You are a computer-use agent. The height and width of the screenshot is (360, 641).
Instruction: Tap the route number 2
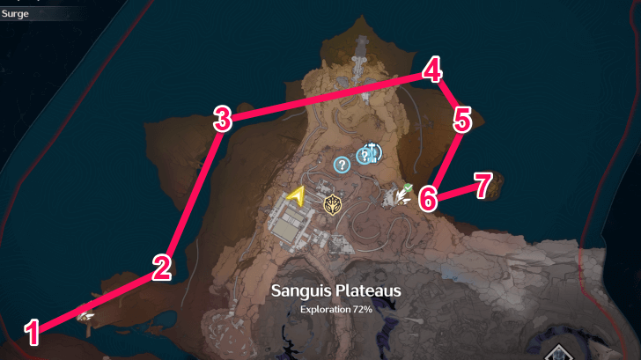tap(160, 267)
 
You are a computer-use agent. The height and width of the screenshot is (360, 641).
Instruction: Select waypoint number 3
tap(223, 118)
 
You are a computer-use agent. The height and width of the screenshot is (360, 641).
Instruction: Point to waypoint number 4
tap(431, 70)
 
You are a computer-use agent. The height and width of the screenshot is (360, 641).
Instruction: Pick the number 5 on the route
tap(462, 119)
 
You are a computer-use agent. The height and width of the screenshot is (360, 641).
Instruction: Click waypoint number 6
tap(427, 197)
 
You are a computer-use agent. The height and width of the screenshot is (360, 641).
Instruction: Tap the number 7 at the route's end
tap(482, 184)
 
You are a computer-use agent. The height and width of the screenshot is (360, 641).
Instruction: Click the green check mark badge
tap(409, 185)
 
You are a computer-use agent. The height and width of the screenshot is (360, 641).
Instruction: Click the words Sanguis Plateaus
tap(335, 290)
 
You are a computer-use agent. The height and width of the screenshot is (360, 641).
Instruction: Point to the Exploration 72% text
tap(335, 310)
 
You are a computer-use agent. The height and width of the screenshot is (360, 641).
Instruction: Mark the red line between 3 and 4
tap(326, 94)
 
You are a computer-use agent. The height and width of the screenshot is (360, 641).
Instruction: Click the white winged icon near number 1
tap(85, 316)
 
